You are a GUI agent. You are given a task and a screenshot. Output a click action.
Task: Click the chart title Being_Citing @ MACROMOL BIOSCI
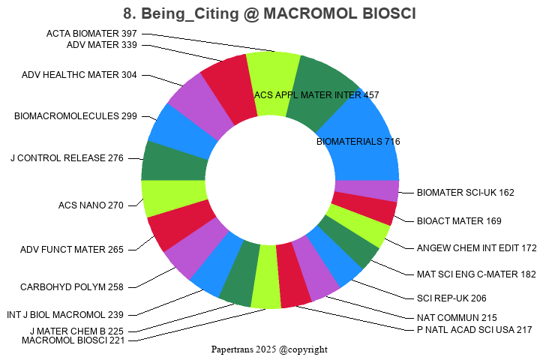pyautogui.click(x=270, y=13)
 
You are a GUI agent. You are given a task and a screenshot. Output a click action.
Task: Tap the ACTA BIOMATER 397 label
pyautogui.click(x=91, y=34)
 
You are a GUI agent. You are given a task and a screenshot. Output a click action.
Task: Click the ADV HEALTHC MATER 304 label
pyautogui.click(x=79, y=75)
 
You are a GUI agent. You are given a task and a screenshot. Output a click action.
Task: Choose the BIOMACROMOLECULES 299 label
pyautogui.click(x=76, y=116)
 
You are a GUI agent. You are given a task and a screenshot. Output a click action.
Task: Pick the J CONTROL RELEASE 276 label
pyautogui.click(x=67, y=158)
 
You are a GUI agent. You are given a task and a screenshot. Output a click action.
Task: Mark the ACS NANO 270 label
pyautogui.click(x=91, y=205)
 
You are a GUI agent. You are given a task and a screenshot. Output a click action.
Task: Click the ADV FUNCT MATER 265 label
pyautogui.click(x=72, y=250)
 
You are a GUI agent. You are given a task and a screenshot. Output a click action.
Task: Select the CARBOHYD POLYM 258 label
pyautogui.click(x=72, y=286)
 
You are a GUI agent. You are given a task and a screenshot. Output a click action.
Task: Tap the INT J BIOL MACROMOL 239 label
pyautogui.click(x=65, y=315)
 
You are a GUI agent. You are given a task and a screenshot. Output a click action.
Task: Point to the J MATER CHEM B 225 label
pyautogui.click(x=76, y=331)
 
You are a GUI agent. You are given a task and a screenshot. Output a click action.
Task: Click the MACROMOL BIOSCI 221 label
pyautogui.click(x=73, y=340)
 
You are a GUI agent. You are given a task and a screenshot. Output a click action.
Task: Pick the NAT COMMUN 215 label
pyautogui.click(x=457, y=318)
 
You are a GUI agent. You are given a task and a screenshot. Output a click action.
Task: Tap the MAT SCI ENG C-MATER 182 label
pyautogui.click(x=476, y=274)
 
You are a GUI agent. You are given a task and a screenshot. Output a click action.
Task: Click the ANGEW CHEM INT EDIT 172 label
pyautogui.click(x=476, y=247)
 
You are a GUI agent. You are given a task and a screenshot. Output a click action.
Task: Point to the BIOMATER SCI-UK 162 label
pyautogui.click(x=465, y=193)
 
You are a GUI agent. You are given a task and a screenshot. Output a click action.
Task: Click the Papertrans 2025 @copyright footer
pyautogui.click(x=269, y=349)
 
